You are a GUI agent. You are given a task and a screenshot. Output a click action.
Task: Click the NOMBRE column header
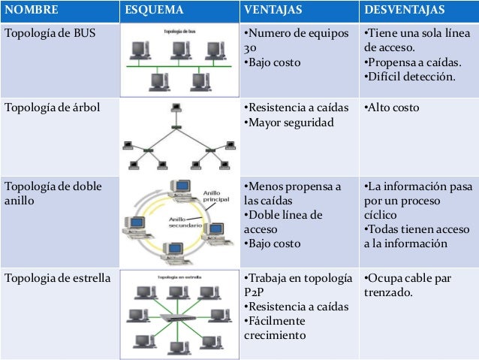(x=32, y=10)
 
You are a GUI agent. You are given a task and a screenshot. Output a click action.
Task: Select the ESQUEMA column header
(x=154, y=10)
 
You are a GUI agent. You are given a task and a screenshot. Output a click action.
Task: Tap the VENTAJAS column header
(x=273, y=10)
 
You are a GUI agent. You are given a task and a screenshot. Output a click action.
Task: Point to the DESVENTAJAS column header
(x=404, y=10)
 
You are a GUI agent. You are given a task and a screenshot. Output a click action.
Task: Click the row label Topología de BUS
(x=50, y=33)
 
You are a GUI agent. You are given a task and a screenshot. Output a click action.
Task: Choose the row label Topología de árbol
(x=53, y=107)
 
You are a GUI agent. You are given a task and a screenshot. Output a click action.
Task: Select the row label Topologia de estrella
(x=57, y=278)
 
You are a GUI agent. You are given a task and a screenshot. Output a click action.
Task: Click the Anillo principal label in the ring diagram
(x=216, y=196)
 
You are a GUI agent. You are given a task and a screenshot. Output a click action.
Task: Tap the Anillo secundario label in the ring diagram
(x=185, y=222)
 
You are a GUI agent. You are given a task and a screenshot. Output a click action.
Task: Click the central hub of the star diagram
(x=177, y=318)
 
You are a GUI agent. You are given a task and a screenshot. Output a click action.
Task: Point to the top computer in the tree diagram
(x=176, y=107)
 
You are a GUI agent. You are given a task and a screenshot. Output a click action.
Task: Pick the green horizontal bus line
(x=179, y=66)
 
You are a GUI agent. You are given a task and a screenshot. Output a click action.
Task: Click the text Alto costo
(x=391, y=107)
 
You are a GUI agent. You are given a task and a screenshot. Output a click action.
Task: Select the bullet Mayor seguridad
(x=289, y=123)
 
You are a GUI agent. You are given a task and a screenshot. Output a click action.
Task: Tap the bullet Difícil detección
(x=409, y=77)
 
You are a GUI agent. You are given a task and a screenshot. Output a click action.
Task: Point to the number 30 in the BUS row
(x=250, y=48)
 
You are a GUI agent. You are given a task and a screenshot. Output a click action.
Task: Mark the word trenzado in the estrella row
(x=388, y=292)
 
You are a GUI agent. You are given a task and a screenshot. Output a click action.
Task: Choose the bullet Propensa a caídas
(x=412, y=62)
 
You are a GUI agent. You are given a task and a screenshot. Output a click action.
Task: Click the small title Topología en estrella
(x=179, y=277)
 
